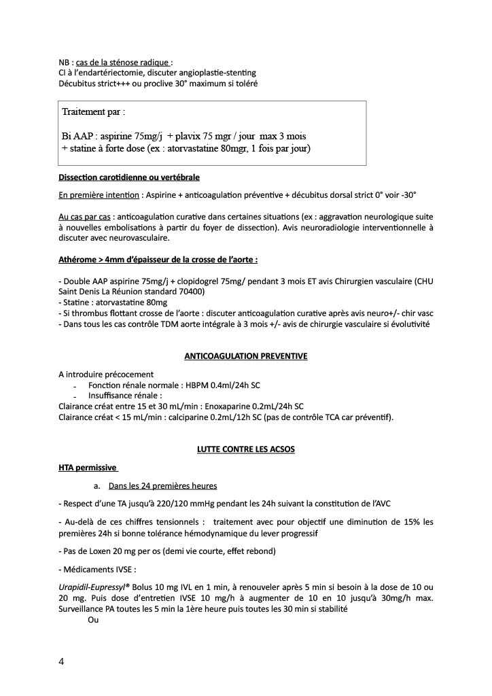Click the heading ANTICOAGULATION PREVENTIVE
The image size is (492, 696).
[246, 355]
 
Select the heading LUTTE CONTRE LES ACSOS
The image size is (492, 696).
[246, 449]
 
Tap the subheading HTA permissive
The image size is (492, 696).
[88, 468]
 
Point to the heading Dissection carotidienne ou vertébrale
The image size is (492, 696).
[129, 177]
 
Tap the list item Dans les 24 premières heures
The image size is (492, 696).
[162, 486]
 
